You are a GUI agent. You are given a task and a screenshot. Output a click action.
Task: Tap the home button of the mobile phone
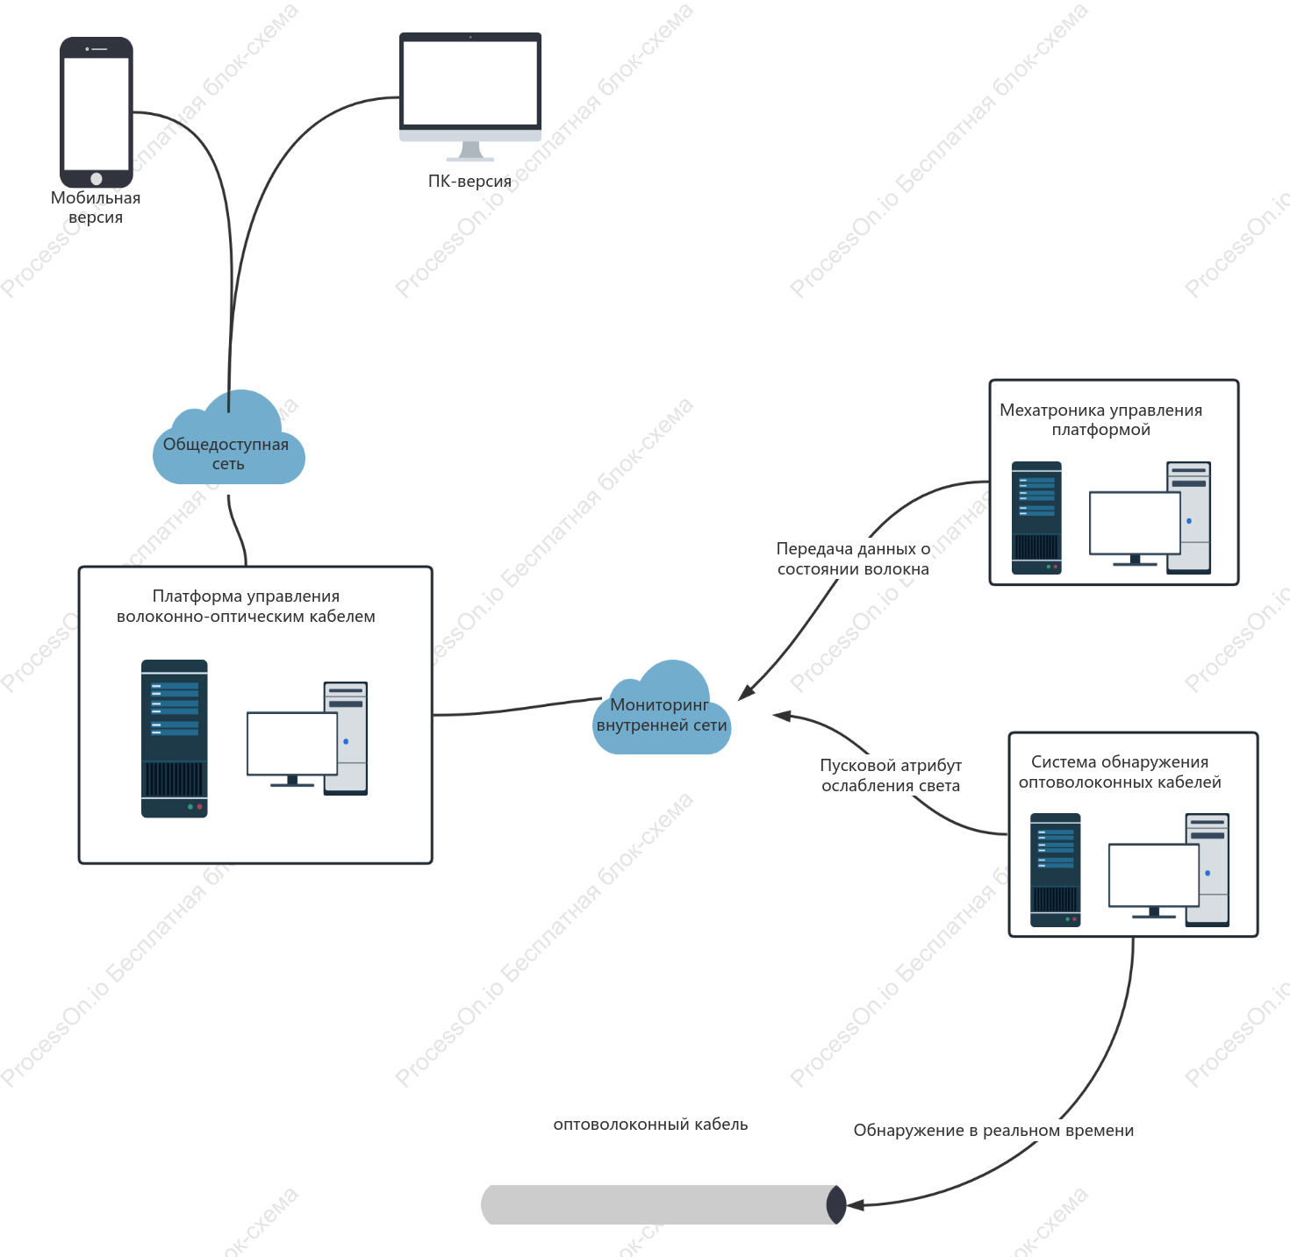97,178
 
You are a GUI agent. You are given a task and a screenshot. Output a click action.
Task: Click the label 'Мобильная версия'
96,207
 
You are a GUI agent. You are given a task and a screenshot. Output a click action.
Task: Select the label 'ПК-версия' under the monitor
470,181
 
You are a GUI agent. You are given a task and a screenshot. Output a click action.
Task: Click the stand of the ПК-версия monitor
470,152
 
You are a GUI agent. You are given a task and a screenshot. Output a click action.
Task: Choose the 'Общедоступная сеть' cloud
229,439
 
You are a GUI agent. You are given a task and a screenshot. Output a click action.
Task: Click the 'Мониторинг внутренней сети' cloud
662,709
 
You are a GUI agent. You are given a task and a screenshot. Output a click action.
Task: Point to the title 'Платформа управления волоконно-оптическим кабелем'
246,605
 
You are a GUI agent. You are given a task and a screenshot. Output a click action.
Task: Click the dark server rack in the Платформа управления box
175,739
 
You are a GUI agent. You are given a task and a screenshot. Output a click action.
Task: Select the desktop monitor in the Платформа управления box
292,747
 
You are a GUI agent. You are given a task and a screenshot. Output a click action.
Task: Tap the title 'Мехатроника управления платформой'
1100,419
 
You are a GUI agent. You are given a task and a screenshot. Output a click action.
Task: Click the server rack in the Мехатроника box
1036,518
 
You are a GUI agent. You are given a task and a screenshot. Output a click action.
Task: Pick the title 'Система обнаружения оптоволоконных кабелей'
1120,771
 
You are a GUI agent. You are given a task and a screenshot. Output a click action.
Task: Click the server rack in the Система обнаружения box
1056,869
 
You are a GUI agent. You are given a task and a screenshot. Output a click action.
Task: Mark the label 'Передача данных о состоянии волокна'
853,559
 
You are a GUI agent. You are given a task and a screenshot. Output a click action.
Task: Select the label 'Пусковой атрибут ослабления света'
890,775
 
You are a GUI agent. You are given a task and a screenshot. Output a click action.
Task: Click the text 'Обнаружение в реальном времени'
993,1130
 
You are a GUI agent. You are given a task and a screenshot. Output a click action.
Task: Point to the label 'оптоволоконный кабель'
650,1124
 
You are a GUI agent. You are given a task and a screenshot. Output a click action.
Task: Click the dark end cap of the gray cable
836,1204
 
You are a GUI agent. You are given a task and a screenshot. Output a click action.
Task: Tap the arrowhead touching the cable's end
855,1204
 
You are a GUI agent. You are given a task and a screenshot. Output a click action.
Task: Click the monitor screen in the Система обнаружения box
1153,875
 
